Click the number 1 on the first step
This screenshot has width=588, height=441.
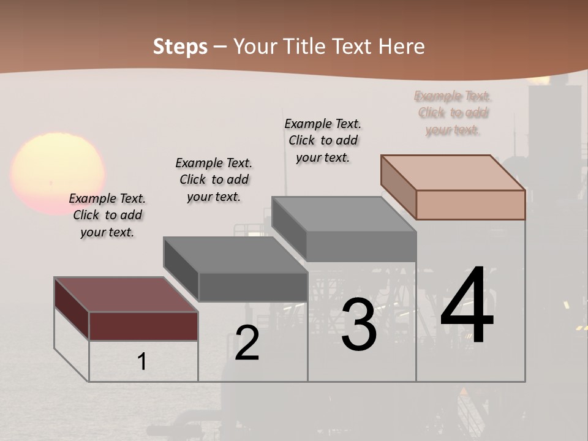coord(142,361)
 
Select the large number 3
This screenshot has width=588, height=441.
coord(359,325)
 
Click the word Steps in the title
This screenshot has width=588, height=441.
coord(180,47)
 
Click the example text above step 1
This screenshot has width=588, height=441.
coord(107,215)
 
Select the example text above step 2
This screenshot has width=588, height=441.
coord(214,179)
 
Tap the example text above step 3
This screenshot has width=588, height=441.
coord(323,140)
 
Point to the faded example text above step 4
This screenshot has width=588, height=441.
coord(453,113)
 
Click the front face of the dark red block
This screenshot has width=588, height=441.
coord(143,326)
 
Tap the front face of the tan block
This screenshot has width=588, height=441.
coord(470,205)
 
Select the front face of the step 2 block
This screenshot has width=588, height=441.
coord(252,287)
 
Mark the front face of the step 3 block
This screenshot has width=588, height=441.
coord(361,247)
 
